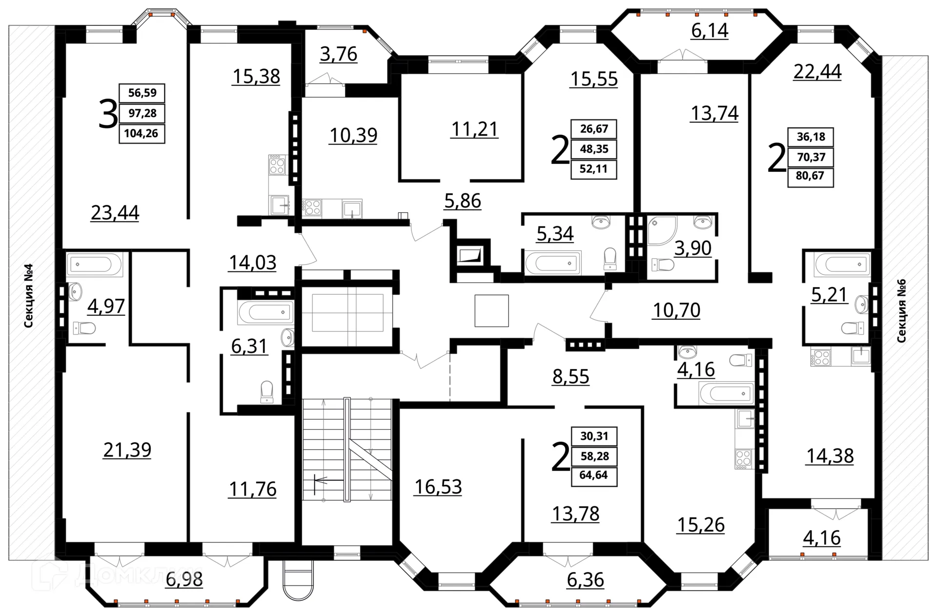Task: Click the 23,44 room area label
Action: click(115, 213)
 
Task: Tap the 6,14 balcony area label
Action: click(710, 30)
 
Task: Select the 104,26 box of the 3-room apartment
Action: click(142, 133)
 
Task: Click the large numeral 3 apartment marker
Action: click(108, 114)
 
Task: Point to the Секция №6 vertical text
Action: click(901, 310)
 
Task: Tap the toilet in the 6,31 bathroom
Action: click(267, 391)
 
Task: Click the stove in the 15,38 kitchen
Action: click(277, 164)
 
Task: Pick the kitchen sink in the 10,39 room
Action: click(352, 209)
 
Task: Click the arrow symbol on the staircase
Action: click(328, 481)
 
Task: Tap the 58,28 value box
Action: click(594, 456)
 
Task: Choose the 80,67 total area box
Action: click(810, 176)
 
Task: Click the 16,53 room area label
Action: click(438, 487)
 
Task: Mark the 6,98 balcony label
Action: click(184, 579)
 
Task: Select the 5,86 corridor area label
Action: click(462, 201)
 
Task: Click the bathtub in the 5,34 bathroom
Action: click(553, 263)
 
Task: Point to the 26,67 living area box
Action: click(594, 129)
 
